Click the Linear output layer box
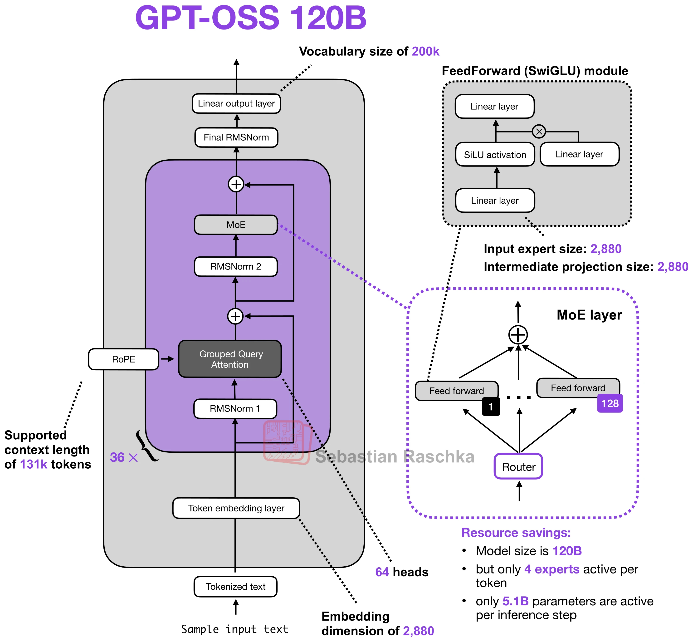pyautogui.click(x=236, y=103)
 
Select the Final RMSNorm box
pyautogui.click(x=236, y=137)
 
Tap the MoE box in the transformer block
pyautogui.click(x=236, y=225)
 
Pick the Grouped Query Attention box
pyautogui.click(x=230, y=359)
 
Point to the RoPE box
pyautogui.click(x=124, y=359)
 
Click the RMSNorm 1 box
pyautogui.click(x=235, y=409)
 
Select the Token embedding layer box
pyautogui.click(x=236, y=508)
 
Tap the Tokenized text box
pyautogui.click(x=235, y=587)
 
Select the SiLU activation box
pyautogui.click(x=495, y=155)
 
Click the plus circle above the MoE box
pyautogui.click(x=236, y=184)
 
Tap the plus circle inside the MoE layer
pyautogui.click(x=518, y=335)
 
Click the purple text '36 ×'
pyautogui.click(x=124, y=457)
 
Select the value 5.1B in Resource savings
pyautogui.click(x=516, y=601)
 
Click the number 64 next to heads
pyautogui.click(x=382, y=572)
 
